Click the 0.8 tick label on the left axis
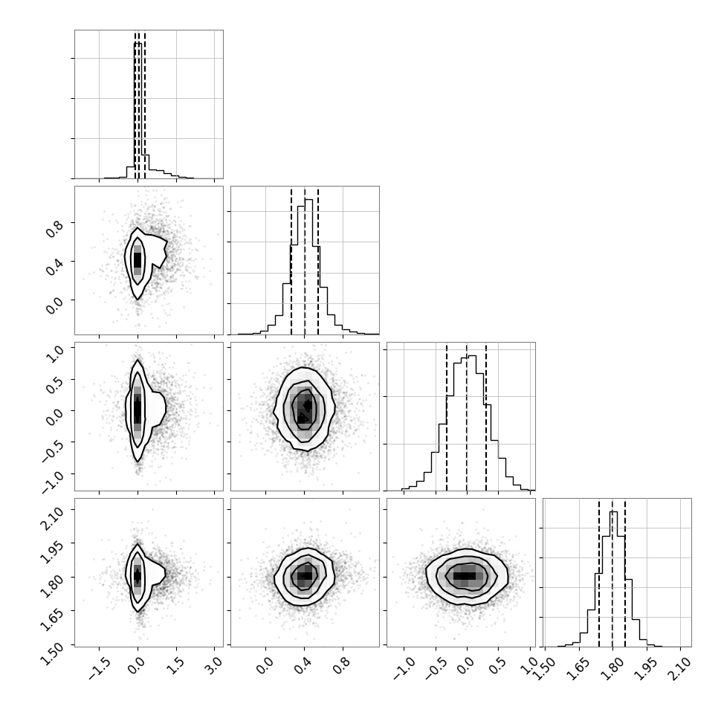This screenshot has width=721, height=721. click(x=54, y=228)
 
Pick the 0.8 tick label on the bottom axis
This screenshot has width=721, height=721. click(x=343, y=665)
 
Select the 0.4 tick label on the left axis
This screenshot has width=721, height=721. click(x=54, y=267)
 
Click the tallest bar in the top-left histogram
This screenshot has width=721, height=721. click(x=138, y=110)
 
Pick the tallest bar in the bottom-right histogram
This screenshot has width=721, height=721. click(x=614, y=579)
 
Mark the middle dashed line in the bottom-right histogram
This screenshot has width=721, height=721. click(x=612, y=572)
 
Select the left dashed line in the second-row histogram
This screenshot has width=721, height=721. click(x=291, y=261)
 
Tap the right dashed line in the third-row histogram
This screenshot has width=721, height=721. click(x=486, y=416)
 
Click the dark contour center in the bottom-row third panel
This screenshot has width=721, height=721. click(x=465, y=576)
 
